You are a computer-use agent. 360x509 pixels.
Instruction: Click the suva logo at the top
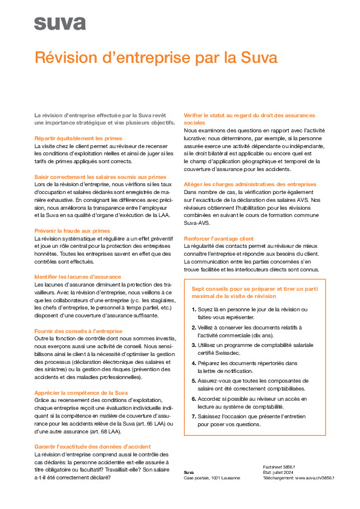60,24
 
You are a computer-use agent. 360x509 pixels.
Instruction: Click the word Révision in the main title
67,58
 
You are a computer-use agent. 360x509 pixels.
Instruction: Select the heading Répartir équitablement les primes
78,138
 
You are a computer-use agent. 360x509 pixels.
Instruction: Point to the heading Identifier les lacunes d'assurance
78,277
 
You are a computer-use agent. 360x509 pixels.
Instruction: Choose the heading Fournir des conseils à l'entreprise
78,331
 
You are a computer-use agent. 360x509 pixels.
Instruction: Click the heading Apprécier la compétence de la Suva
80,392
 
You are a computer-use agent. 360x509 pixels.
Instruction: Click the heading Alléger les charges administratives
249,184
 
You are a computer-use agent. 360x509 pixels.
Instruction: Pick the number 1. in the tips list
194,310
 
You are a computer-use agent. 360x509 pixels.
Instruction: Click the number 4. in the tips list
194,363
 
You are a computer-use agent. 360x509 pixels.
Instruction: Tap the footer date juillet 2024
289,473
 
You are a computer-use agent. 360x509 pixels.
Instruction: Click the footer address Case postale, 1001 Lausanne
212,478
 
